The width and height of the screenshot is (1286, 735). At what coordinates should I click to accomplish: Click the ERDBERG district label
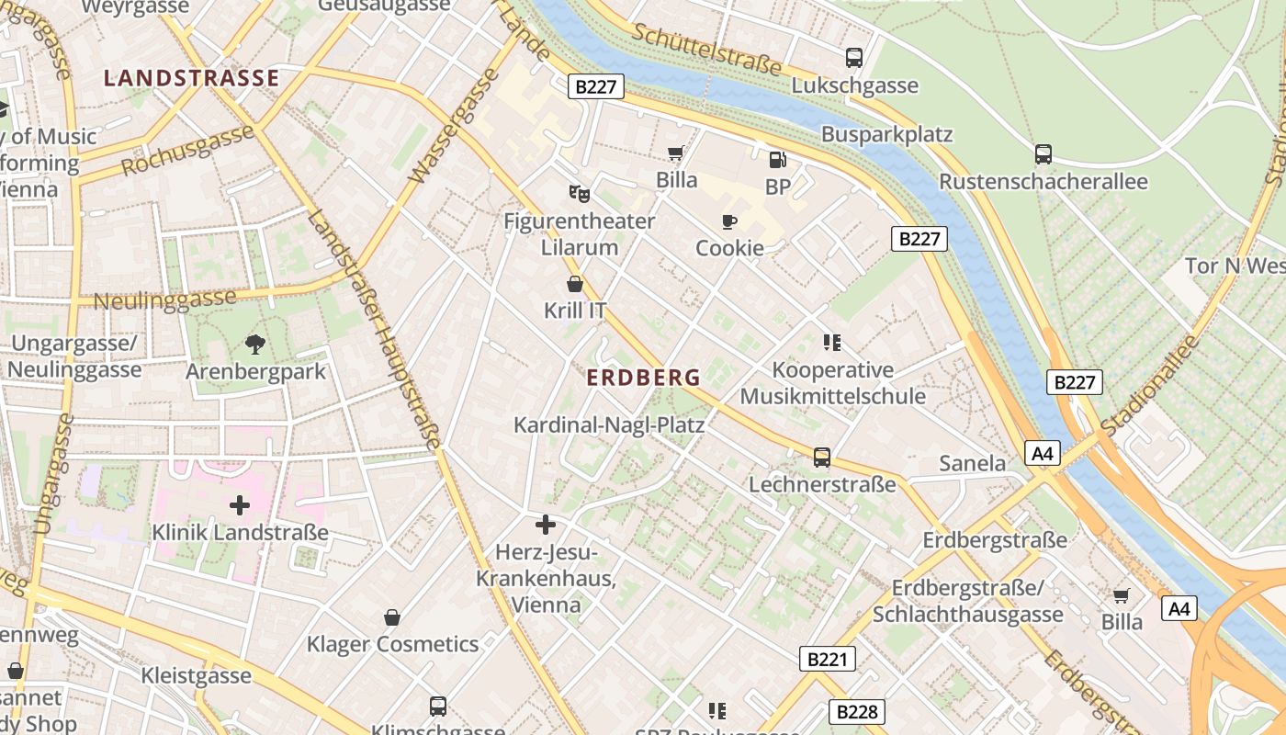[x=643, y=378]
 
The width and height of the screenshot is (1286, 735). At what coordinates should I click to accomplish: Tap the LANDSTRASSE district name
[x=191, y=78]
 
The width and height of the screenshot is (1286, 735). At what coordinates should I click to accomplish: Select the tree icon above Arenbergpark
[x=255, y=345]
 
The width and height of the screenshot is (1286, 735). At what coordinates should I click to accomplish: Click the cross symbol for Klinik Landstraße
[x=240, y=505]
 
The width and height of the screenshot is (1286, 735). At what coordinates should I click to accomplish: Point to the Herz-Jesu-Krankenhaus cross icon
[x=546, y=525]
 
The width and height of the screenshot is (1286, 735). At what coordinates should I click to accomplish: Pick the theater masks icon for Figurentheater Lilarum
[x=579, y=193]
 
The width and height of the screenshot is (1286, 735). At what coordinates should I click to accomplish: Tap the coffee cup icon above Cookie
[x=729, y=221]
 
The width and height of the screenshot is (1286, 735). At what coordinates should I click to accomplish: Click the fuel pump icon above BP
[x=777, y=160]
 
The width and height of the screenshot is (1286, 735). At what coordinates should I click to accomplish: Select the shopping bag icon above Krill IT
[x=575, y=284]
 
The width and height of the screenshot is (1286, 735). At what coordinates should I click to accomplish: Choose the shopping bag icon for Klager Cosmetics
[x=392, y=616]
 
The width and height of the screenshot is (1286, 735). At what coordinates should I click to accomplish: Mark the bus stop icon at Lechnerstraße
[x=822, y=457]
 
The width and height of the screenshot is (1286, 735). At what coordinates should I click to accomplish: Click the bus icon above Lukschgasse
[x=854, y=58]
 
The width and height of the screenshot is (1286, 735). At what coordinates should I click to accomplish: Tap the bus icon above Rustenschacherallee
[x=1043, y=153]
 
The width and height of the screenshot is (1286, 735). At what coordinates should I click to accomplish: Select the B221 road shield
[x=827, y=658]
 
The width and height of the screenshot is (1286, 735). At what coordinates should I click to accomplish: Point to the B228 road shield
[x=858, y=711]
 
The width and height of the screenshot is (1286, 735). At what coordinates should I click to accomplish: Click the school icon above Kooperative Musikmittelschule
[x=832, y=343]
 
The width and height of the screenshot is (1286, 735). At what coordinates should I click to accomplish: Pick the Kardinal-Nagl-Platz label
[x=609, y=425]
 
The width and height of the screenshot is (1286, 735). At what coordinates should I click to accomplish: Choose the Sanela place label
[x=973, y=463]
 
